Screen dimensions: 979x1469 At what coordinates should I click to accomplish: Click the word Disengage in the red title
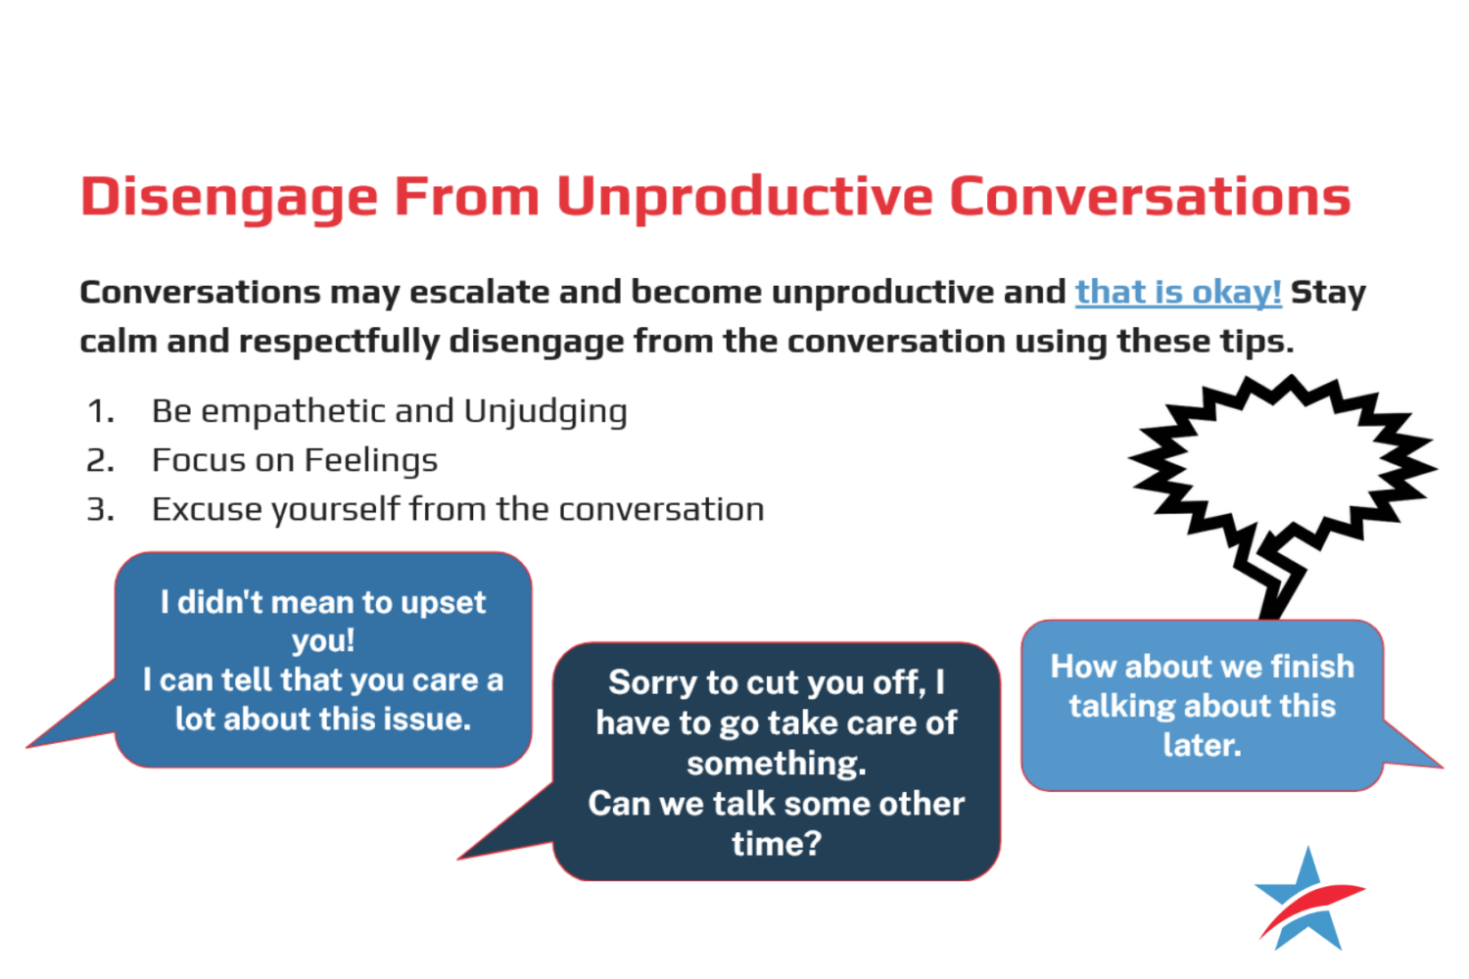(x=229, y=198)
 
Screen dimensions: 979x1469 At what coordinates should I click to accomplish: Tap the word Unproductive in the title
(x=744, y=196)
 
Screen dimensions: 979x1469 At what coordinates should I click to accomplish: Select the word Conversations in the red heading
(x=1150, y=196)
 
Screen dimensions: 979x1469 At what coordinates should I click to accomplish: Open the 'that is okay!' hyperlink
(x=1178, y=292)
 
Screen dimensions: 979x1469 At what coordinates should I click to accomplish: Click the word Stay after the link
(x=1328, y=292)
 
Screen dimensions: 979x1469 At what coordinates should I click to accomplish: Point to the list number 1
(x=100, y=411)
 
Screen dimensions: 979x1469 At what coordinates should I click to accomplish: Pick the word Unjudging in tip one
(x=545, y=412)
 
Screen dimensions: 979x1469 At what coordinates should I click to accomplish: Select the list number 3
(x=100, y=509)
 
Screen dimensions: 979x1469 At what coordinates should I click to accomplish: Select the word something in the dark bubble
(x=777, y=763)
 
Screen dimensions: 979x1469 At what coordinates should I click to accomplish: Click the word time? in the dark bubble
(x=777, y=843)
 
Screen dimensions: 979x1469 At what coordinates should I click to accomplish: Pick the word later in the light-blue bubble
(x=1202, y=745)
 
